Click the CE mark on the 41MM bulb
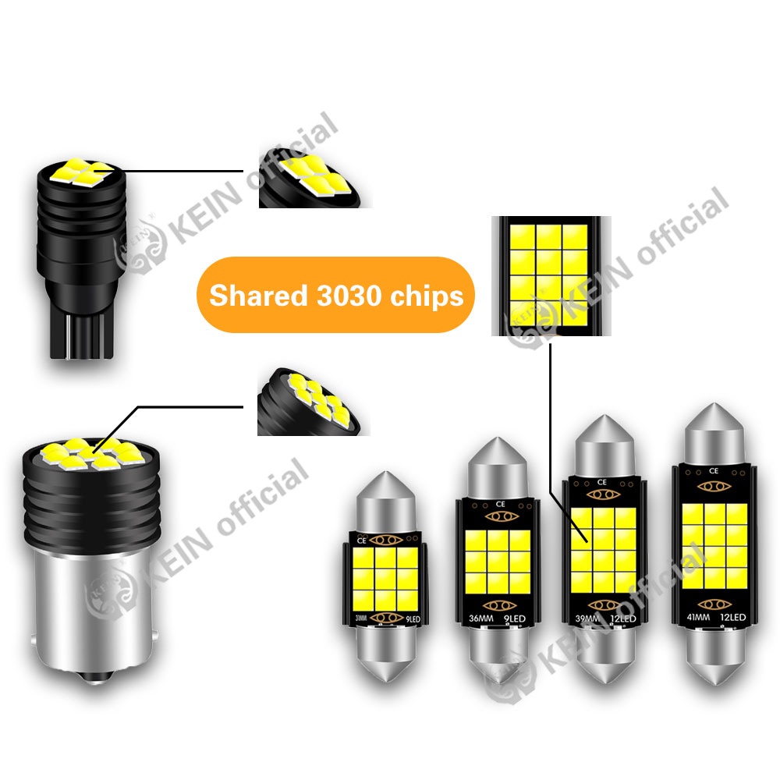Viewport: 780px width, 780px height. point(713,470)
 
